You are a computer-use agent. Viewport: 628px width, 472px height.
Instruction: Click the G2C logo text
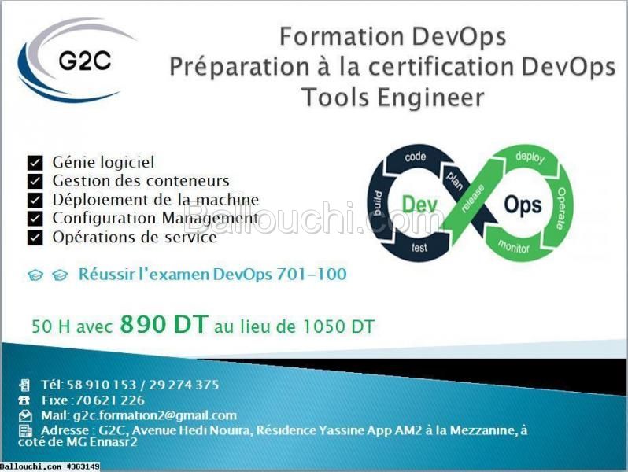pyautogui.click(x=84, y=61)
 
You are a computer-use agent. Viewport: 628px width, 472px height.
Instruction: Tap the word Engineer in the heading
pyautogui.click(x=430, y=98)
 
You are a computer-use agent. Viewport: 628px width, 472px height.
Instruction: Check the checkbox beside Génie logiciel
pyautogui.click(x=35, y=163)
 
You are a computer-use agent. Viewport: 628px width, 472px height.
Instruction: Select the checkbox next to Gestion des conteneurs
pyautogui.click(x=35, y=181)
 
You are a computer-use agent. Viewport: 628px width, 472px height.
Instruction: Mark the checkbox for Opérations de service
pyautogui.click(x=35, y=237)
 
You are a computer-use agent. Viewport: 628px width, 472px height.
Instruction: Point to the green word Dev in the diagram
pyautogui.click(x=419, y=205)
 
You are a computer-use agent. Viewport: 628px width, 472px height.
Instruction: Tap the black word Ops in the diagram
pyautogui.click(x=523, y=205)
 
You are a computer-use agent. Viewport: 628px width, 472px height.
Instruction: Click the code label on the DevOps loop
pyautogui.click(x=415, y=157)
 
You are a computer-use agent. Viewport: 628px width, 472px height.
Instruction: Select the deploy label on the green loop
pyautogui.click(x=530, y=157)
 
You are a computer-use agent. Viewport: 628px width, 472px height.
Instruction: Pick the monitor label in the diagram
pyautogui.click(x=513, y=246)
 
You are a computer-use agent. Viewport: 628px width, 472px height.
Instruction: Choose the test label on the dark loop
pyautogui.click(x=419, y=248)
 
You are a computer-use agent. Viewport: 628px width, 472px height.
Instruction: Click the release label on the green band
pyautogui.click(x=473, y=198)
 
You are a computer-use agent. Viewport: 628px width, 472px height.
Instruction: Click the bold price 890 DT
pyautogui.click(x=164, y=324)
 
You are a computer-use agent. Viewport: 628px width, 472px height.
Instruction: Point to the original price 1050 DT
pyautogui.click(x=338, y=326)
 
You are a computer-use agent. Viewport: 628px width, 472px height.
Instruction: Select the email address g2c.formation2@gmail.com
pyautogui.click(x=155, y=415)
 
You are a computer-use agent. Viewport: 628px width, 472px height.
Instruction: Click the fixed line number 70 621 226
pyautogui.click(x=109, y=400)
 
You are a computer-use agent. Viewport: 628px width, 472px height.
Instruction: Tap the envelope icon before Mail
pyautogui.click(x=25, y=415)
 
